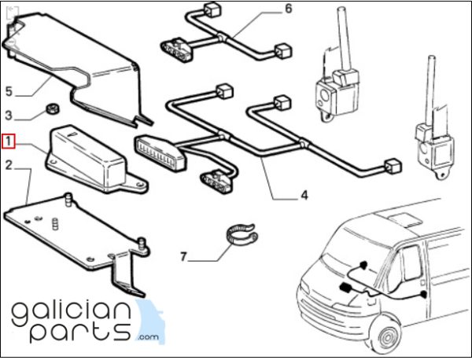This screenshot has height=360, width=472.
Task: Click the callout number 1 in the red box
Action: [9, 141]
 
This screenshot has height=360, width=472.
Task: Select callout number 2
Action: [9, 165]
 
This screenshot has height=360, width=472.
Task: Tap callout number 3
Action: [9, 116]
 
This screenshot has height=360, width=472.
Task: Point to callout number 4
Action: [304, 196]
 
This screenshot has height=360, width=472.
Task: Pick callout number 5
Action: [9, 91]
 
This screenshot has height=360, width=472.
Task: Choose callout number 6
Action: [289, 9]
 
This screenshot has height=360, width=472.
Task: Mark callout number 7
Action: [183, 257]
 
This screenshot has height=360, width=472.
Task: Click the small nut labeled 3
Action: [53, 109]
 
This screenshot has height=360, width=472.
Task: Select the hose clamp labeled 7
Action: [242, 234]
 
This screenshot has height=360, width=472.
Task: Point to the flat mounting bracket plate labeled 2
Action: [76, 237]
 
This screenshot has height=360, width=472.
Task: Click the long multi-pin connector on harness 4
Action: [160, 153]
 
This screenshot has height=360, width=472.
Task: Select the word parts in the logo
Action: [81, 332]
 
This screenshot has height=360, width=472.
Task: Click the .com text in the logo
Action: [149, 336]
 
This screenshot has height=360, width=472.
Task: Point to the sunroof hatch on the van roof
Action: [405, 219]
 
